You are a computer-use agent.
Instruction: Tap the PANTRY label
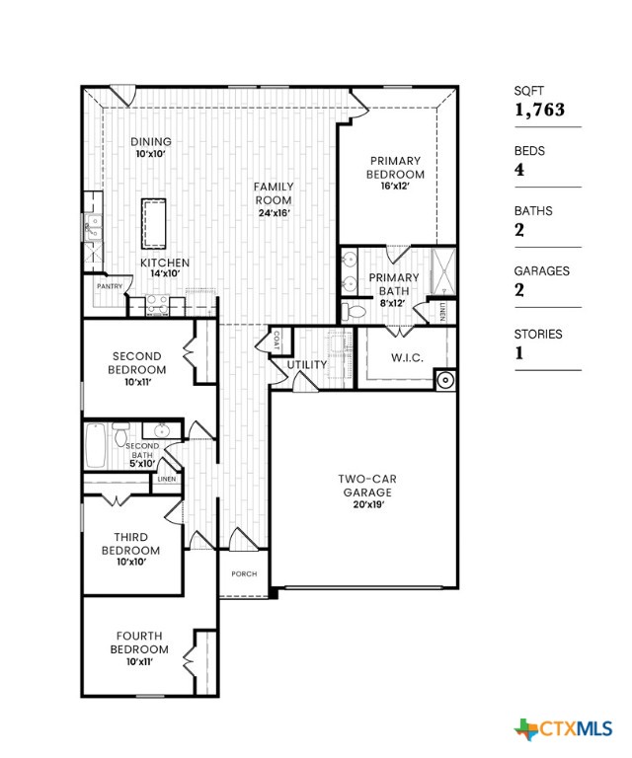tap(109, 286)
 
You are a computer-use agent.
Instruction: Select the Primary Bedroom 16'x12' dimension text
tap(395, 186)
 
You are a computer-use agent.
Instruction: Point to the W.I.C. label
tap(407, 357)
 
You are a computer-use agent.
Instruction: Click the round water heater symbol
tap(445, 380)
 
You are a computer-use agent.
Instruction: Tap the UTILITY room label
tap(307, 365)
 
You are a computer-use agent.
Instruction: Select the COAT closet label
tap(276, 339)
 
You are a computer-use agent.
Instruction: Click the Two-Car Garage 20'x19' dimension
tap(367, 504)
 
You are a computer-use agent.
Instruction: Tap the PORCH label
tap(244, 573)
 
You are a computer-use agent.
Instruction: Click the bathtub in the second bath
tap(97, 446)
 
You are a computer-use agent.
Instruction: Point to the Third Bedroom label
tap(130, 544)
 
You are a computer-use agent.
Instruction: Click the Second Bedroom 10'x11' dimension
tap(137, 382)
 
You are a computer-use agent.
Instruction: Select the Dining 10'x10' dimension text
tap(150, 154)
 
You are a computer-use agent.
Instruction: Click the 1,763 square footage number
tap(539, 110)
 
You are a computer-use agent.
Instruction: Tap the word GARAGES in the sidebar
tap(538, 270)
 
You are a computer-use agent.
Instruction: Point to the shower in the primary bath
tap(441, 270)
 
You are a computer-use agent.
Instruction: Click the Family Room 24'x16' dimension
tap(273, 212)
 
